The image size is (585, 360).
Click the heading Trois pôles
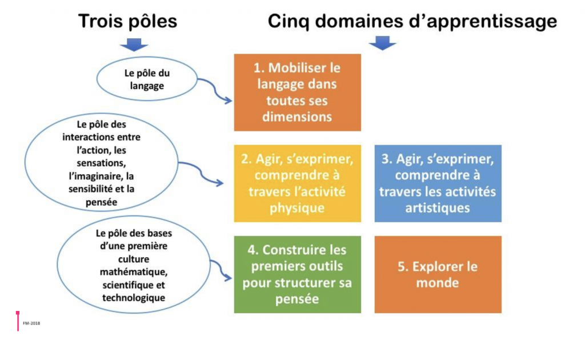click(x=127, y=21)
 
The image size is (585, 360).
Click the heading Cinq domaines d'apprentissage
click(x=412, y=21)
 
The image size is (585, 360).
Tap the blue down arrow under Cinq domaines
click(x=382, y=43)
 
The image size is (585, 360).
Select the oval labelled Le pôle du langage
click(x=147, y=80)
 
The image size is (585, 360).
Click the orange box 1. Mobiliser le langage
click(x=297, y=92)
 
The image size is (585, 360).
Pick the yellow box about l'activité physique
click(x=297, y=183)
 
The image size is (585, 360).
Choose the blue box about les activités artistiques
click(x=438, y=183)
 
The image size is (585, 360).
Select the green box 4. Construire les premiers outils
click(x=297, y=274)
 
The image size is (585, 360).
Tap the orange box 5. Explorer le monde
click(x=438, y=274)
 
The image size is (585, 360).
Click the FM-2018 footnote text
click(x=31, y=323)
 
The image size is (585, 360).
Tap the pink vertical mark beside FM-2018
click(x=18, y=321)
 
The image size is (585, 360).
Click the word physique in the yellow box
click(x=296, y=207)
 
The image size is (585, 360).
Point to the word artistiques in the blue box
click(x=438, y=207)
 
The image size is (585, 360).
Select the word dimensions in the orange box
click(x=297, y=117)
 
